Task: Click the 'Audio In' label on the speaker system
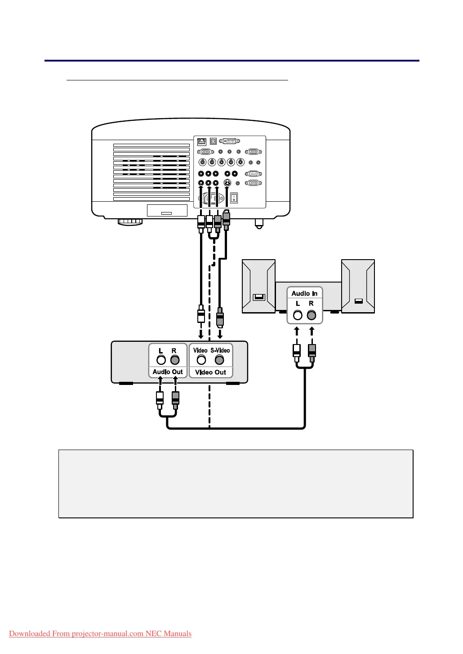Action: pyautogui.click(x=304, y=293)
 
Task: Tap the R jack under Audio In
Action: pyautogui.click(x=311, y=315)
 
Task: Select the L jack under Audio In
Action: pyautogui.click(x=298, y=315)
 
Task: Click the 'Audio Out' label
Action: pyautogui.click(x=168, y=372)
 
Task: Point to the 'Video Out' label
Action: pyautogui.click(x=210, y=372)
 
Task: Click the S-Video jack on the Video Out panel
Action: pyautogui.click(x=219, y=360)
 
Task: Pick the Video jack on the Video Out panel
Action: pyautogui.click(x=201, y=360)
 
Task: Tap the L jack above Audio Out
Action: pyautogui.click(x=161, y=360)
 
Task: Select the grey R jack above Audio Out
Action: pyautogui.click(x=175, y=360)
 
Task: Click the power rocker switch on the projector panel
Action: pyautogui.click(x=234, y=198)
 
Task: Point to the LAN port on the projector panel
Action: pyautogui.click(x=201, y=142)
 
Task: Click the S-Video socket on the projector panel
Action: pyautogui.click(x=228, y=183)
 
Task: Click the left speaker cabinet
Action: pyautogui.click(x=258, y=286)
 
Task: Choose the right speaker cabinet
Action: pyautogui.click(x=358, y=286)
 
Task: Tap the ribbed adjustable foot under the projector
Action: pyautogui.click(x=130, y=221)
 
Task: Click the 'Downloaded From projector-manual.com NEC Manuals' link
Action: pyautogui.click(x=100, y=634)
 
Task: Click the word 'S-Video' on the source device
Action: pyautogui.click(x=220, y=350)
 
